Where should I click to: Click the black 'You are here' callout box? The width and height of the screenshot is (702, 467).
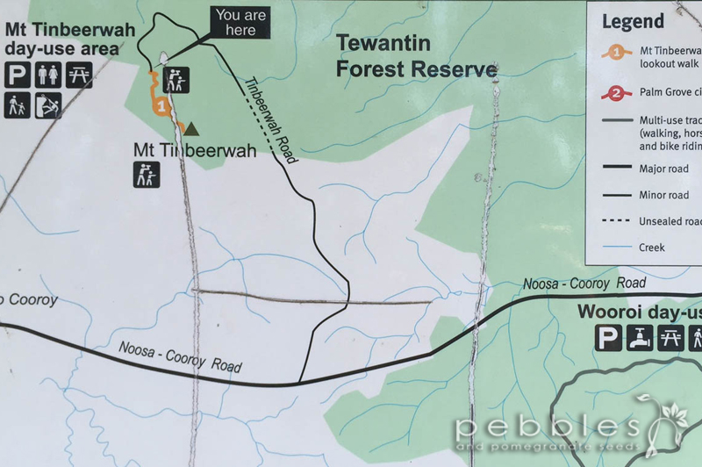(240, 23)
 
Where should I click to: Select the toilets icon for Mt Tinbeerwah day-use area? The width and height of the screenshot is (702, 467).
(48, 76)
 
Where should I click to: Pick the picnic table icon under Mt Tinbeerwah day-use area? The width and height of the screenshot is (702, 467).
(79, 76)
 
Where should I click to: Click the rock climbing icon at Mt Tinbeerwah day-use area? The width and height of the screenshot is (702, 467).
(48, 106)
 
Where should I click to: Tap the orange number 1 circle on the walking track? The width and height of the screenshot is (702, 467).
(161, 106)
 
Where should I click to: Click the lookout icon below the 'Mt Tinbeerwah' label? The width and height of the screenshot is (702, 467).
(147, 175)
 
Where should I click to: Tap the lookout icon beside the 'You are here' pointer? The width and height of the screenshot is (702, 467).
(178, 80)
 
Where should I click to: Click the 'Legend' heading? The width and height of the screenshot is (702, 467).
(632, 21)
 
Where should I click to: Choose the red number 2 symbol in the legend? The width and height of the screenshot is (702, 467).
(618, 92)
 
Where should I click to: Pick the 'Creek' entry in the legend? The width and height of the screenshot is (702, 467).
(652, 248)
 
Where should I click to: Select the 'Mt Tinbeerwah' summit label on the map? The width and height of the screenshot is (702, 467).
(195, 150)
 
